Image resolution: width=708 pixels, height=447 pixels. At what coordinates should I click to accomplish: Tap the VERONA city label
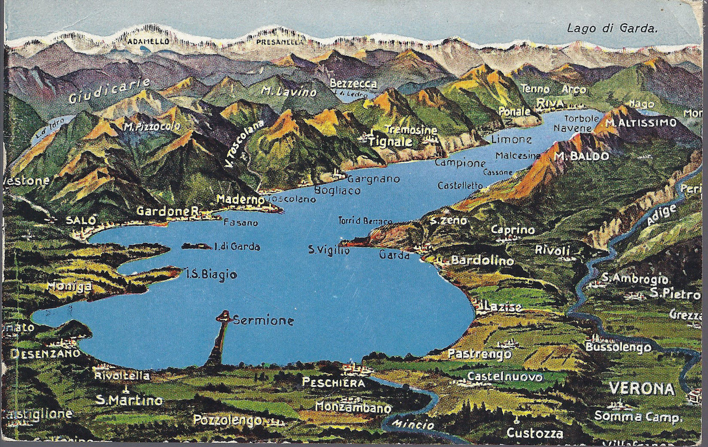642,389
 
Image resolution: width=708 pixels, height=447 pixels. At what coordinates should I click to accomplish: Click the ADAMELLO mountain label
142,42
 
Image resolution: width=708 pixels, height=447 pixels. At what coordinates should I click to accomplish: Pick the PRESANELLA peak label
278,42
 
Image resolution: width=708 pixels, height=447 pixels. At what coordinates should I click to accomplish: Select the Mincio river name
415,425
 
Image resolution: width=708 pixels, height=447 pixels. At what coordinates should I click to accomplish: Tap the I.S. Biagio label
211,275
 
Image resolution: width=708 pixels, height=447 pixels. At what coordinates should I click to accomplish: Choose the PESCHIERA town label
333,383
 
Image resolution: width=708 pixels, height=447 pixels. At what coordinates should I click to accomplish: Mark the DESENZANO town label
45,353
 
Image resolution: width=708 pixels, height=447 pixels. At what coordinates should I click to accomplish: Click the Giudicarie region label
109,91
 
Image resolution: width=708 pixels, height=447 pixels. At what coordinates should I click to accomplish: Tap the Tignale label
390,142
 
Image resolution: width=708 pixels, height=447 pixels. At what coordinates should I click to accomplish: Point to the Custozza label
535,433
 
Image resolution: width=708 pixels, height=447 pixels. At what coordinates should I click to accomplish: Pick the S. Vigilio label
329,251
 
